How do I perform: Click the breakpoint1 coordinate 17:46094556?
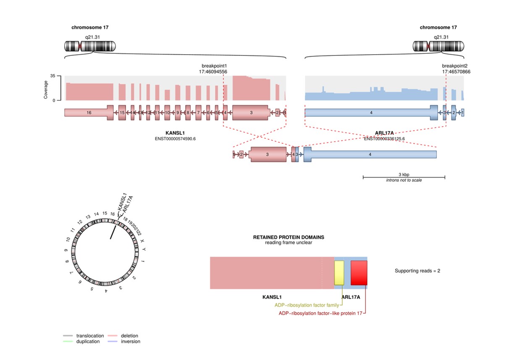point(213,72)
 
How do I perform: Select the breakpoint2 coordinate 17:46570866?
point(456,72)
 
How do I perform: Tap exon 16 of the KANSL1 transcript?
point(89,113)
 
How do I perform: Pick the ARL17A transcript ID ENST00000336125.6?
point(386,139)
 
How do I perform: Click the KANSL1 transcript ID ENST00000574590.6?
point(176,139)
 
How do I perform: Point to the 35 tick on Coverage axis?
point(53,76)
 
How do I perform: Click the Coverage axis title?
point(46,89)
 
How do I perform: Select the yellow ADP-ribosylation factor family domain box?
point(339,273)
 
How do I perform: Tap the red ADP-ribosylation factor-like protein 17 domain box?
point(359,273)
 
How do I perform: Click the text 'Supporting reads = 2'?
point(417,271)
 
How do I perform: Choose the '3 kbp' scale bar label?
point(404,174)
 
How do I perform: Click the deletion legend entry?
point(129,336)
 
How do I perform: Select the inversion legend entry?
point(130,342)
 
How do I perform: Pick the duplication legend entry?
point(88,342)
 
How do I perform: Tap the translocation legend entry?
point(90,336)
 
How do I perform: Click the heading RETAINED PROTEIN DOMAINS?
point(289,237)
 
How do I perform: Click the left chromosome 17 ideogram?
point(89,46)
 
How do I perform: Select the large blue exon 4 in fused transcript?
point(370,155)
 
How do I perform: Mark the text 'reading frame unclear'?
point(289,243)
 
